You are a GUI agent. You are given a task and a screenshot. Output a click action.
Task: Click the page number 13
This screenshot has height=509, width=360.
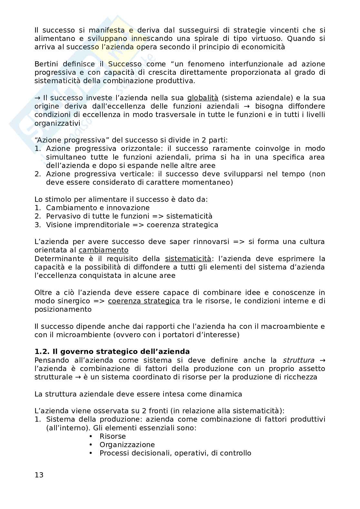[39, 475]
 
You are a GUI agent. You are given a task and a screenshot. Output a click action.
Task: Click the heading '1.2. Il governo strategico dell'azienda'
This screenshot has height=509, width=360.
[112, 351]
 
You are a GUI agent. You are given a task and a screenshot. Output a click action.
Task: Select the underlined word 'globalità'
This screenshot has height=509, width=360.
[203, 98]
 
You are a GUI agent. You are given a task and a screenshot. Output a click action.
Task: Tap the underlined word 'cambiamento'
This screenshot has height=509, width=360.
[103, 250]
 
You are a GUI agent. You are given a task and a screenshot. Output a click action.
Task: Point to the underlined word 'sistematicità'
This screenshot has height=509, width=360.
[188, 259]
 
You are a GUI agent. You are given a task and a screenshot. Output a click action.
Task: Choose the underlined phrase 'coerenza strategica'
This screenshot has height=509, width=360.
[144, 301]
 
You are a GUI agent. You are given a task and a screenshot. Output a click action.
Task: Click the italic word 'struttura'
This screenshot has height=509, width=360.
[298, 360]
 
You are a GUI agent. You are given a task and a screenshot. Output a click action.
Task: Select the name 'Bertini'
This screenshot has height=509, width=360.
[46, 64]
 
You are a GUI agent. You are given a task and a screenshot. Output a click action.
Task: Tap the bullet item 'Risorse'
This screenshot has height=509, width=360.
[113, 436]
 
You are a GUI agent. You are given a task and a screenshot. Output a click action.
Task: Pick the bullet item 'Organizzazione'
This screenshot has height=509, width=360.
[127, 445]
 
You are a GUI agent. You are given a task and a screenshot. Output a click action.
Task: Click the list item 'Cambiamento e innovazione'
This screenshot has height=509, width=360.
[98, 208]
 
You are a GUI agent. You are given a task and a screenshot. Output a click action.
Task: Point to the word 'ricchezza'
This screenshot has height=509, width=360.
[302, 377]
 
